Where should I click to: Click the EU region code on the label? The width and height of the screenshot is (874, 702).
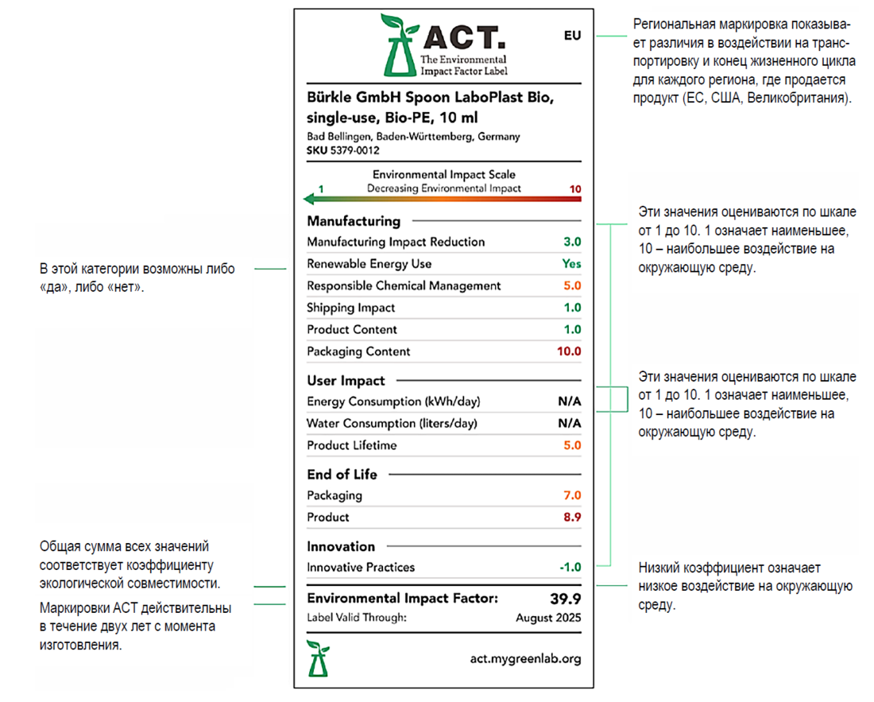[x=572, y=36]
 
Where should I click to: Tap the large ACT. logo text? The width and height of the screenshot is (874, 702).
[x=463, y=37]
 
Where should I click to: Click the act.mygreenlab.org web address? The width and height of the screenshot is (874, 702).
[x=525, y=658]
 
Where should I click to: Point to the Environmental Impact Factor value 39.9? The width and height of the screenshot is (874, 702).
[x=566, y=599]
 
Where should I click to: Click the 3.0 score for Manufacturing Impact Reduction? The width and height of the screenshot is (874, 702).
[x=572, y=242]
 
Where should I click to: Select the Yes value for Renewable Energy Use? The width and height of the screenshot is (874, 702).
[x=571, y=264]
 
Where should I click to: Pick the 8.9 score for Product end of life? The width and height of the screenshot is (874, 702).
[x=572, y=518]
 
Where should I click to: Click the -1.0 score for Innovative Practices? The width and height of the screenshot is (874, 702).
[x=569, y=568]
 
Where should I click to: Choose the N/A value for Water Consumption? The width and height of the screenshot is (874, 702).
[x=569, y=424]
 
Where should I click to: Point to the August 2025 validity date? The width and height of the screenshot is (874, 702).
[x=548, y=618]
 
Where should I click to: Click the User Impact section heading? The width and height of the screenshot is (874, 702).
[x=346, y=381]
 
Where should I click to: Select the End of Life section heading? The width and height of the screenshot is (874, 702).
[x=342, y=475]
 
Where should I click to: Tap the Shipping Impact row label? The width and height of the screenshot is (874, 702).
[x=350, y=308]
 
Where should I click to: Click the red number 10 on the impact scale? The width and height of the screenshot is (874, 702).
[x=576, y=189]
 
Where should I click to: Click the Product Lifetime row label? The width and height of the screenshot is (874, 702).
[x=351, y=445]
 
